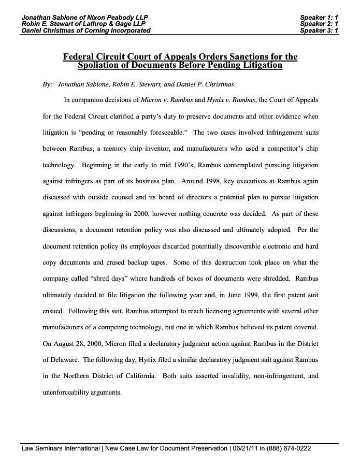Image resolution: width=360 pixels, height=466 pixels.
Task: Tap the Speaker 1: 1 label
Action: pyautogui.click(x=319, y=18)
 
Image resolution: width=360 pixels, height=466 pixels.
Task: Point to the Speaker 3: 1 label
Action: pyautogui.click(x=319, y=31)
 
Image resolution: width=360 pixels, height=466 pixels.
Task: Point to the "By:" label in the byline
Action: pyautogui.click(x=48, y=84)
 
